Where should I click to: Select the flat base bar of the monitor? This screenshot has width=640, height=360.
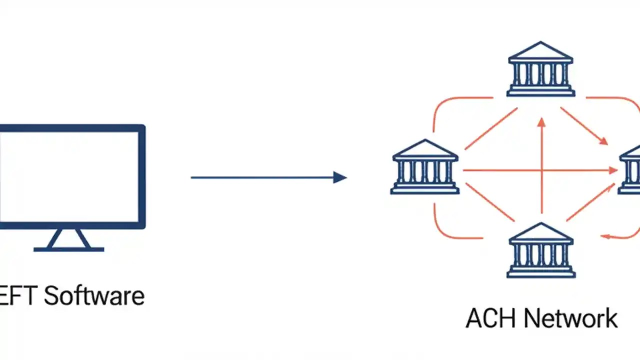[69, 249]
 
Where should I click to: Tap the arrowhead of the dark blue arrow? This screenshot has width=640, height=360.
[340, 177]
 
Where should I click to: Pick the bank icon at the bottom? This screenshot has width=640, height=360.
[540, 250]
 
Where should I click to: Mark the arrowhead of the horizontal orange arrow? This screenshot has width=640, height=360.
[613, 170]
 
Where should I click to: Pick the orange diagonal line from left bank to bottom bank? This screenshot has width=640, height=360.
[490, 202]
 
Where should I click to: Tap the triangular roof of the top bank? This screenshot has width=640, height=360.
[540, 52]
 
